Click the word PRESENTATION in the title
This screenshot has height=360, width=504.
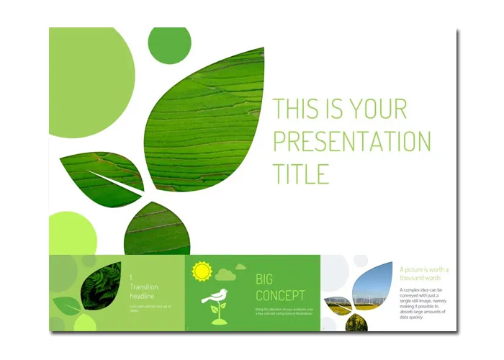pos(351,140)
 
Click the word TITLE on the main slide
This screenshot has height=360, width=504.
pos(301,174)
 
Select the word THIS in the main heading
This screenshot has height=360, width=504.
pos(297,109)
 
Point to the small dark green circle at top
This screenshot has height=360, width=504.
pos(169,45)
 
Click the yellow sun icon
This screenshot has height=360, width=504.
pos(201,271)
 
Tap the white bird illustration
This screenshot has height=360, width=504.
pos(215,296)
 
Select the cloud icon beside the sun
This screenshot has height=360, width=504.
pos(225,274)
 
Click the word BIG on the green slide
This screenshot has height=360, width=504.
pos(266,279)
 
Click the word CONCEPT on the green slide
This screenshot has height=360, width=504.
pos(280,295)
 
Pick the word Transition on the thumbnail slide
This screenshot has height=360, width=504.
pos(144,287)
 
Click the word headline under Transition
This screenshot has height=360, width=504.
pos(144,296)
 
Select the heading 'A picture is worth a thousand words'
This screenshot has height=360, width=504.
pos(424,274)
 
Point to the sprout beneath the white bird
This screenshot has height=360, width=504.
pos(216,312)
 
